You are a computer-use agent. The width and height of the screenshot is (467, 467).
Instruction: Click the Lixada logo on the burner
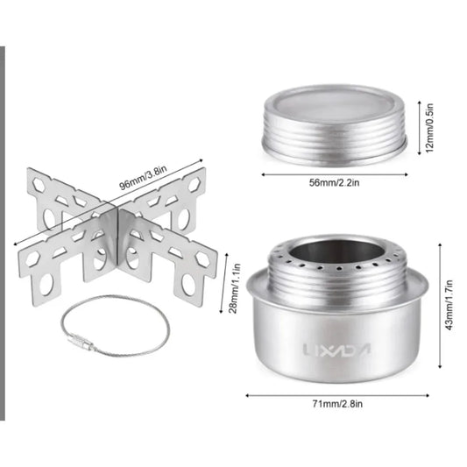pos(336,349)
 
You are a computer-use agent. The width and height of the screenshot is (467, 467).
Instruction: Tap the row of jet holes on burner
pos(336,264)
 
